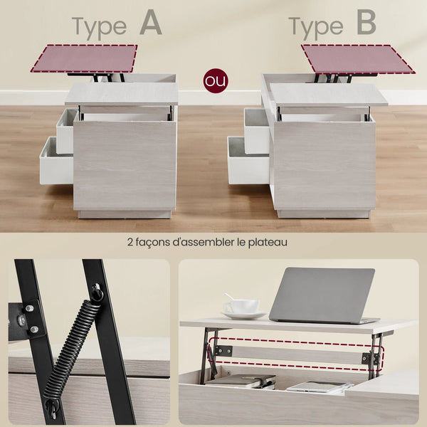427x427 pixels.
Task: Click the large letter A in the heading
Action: [151, 23]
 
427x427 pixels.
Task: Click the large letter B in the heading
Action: [367, 23]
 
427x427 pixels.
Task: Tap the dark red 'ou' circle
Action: [215, 80]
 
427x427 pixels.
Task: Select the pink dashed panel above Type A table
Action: [84, 58]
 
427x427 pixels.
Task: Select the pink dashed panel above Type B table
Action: [357, 59]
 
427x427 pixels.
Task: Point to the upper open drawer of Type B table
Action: [256, 130]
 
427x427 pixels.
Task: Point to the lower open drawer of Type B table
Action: [248, 161]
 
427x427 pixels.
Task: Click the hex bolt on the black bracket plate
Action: [21, 319]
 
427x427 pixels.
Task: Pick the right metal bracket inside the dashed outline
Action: [370, 359]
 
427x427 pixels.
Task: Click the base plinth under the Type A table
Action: [125, 214]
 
